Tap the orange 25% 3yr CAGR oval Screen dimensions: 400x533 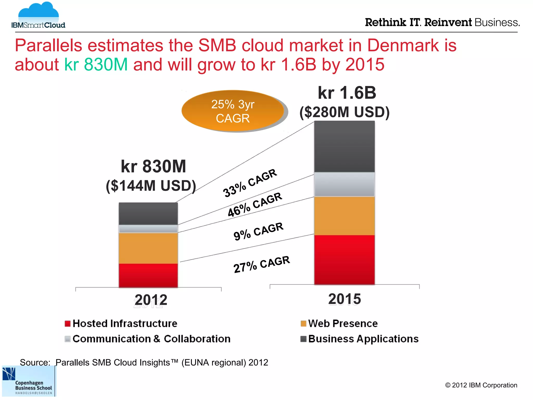[233, 111]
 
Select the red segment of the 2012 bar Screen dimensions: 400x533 [148, 275]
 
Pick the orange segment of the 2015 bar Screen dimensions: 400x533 [344, 216]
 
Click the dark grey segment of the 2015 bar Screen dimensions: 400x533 [344, 146]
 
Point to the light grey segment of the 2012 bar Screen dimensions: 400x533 [148, 229]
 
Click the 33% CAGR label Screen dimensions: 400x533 [250, 183]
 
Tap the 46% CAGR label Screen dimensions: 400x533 [255, 205]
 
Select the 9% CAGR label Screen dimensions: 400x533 [258, 231]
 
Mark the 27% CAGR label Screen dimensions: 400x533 [262, 264]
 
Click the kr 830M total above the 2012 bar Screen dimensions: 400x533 [153, 166]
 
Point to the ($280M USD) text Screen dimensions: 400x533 [344, 112]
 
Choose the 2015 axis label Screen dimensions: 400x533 [344, 299]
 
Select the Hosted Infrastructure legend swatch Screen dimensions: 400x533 [68, 324]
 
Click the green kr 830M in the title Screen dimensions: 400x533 [96, 64]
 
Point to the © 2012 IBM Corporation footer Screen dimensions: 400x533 [481, 385]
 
